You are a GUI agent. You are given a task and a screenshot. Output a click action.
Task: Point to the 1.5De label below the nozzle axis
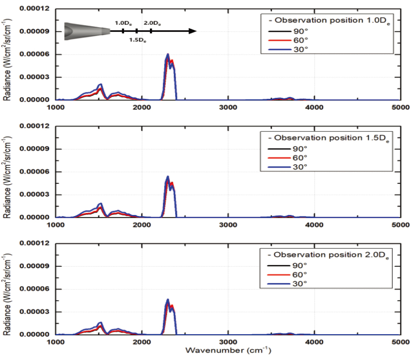click(x=138, y=40)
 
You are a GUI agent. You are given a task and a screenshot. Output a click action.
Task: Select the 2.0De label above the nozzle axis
click(x=152, y=23)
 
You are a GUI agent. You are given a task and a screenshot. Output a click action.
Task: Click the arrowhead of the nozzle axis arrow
click(x=193, y=31)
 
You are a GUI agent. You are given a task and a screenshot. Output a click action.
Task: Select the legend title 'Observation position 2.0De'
click(x=328, y=256)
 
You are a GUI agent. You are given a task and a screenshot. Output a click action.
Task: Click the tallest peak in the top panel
click(x=168, y=55)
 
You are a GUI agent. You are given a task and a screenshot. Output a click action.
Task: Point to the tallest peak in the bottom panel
click(x=168, y=300)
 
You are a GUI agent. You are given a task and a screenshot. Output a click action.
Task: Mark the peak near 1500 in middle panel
click(x=101, y=204)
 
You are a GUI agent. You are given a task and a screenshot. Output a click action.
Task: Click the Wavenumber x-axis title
click(x=228, y=351)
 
